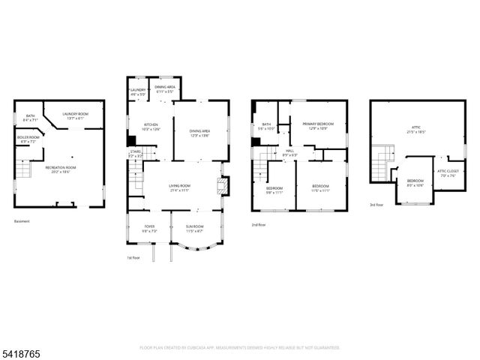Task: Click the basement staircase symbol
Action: pos(24,172)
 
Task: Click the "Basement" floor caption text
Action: pos(23,221)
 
